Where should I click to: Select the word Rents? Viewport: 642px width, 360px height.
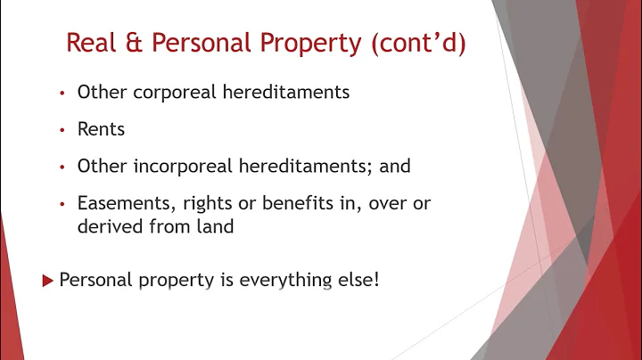(101, 129)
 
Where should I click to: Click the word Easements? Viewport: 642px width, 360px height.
(119, 204)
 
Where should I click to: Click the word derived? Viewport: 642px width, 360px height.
(108, 226)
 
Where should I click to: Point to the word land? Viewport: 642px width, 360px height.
(214, 226)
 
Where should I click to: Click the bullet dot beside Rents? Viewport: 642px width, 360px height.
(62, 130)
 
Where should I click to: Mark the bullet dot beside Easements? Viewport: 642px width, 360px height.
(62, 205)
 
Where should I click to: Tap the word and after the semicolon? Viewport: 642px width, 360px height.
(394, 167)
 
